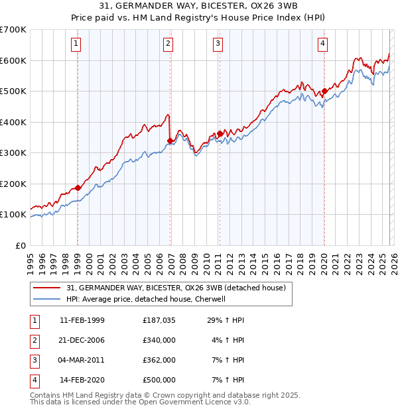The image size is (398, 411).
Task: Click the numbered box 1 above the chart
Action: (x=77, y=44)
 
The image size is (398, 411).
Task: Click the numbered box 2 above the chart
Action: (x=169, y=44)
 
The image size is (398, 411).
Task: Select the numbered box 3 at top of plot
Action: (x=218, y=44)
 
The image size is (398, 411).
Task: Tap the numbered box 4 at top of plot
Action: (x=323, y=44)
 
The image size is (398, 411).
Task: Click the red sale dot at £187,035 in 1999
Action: (x=78, y=188)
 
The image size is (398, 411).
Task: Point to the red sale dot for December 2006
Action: (x=170, y=141)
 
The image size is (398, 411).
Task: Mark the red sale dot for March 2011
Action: (x=220, y=134)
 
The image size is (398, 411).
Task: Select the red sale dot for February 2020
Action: (x=324, y=91)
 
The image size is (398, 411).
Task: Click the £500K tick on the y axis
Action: (x=13, y=91)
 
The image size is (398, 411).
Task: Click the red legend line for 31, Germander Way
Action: (x=48, y=288)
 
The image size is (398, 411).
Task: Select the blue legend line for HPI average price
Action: (x=48, y=300)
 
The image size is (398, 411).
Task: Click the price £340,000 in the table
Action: (x=159, y=340)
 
